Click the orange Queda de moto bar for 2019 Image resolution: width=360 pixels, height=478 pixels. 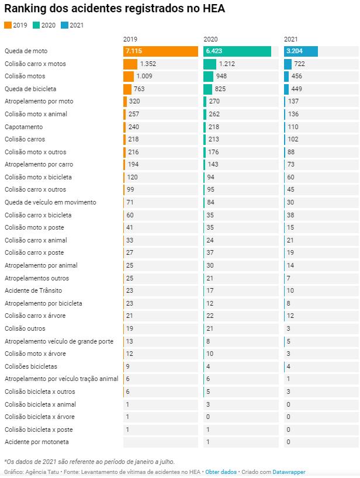[161, 51]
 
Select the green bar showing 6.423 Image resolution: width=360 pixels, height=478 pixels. [237, 51]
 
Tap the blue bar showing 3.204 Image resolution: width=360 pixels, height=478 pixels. [301, 51]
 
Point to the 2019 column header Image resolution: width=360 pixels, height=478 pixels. [130, 39]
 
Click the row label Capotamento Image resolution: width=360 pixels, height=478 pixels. [23, 127]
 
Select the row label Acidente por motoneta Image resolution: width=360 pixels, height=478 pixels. [36, 442]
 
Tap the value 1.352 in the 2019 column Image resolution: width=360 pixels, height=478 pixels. [148, 64]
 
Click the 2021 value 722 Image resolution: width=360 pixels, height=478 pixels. [299, 64]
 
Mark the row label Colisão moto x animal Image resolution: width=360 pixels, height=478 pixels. [36, 114]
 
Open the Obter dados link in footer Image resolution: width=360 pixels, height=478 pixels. [221, 472]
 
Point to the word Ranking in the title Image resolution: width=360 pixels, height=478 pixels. [26, 9]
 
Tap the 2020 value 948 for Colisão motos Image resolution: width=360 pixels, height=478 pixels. [221, 77]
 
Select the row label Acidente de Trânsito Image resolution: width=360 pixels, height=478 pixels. [33, 290]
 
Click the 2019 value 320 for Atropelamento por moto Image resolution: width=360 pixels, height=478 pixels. [134, 102]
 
